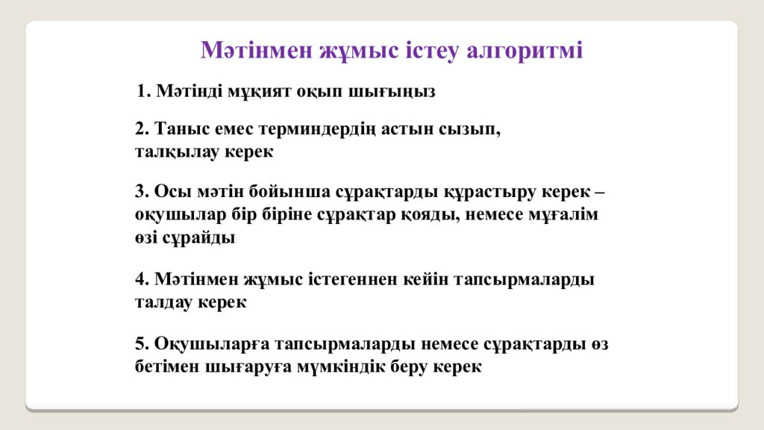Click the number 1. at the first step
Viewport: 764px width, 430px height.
pos(144,92)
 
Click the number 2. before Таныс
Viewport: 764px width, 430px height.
pos(143,128)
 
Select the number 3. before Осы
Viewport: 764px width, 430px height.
pos(143,191)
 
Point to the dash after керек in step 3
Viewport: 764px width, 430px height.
pos(601,192)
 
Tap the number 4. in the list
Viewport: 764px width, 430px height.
pos(143,279)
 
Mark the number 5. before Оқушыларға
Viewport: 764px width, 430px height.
pos(143,344)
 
